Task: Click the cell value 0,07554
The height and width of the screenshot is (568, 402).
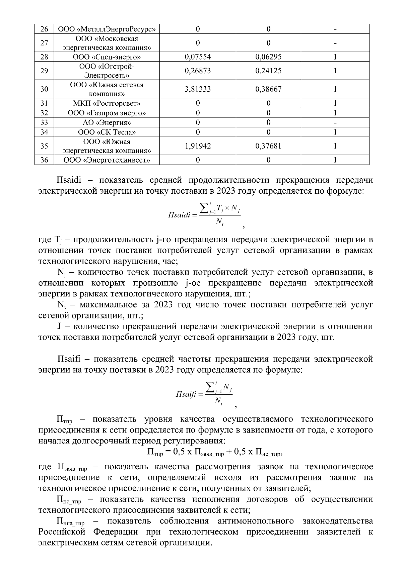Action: pyautogui.click(x=198, y=57)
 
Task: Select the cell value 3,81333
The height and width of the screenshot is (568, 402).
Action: pyautogui.click(x=198, y=89)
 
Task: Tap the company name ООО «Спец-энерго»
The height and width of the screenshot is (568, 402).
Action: pyautogui.click(x=107, y=57)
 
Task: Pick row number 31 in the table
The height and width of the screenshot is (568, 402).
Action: pyautogui.click(x=44, y=103)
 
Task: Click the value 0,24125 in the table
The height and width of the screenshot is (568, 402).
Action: pyautogui.click(x=268, y=71)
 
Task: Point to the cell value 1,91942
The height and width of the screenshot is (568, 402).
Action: pyautogui.click(x=198, y=146)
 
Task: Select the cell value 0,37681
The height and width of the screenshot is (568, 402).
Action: pyautogui.click(x=268, y=146)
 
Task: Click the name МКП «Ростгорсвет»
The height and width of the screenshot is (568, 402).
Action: pyautogui.click(x=107, y=103)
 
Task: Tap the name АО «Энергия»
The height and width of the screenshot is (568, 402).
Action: pyautogui.click(x=107, y=122)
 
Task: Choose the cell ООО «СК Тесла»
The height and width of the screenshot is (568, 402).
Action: pyautogui.click(x=107, y=132)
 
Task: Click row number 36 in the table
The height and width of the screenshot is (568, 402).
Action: pyautogui.click(x=44, y=160)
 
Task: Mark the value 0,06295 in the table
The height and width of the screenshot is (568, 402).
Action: pyautogui.click(x=268, y=57)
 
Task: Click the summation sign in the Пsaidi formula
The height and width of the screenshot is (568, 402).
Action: pyautogui.click(x=203, y=208)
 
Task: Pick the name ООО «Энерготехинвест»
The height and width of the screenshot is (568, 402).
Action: pyautogui.click(x=107, y=160)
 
